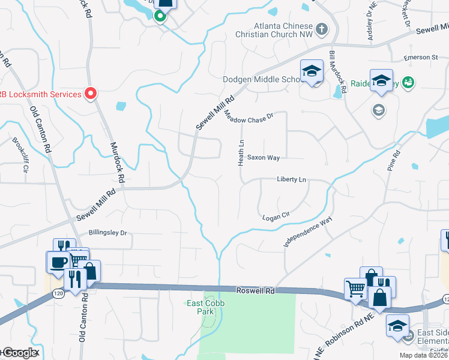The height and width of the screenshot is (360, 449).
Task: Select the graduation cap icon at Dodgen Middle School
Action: [x=312, y=72]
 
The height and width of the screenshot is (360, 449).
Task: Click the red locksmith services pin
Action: [x=91, y=94]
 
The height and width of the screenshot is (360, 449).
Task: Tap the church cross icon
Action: [x=322, y=28]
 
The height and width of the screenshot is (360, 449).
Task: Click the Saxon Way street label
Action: [x=264, y=158]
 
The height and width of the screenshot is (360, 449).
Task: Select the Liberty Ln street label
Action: [x=291, y=179]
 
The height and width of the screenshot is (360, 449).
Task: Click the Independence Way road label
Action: [x=308, y=233]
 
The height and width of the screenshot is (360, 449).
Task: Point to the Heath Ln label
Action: [x=241, y=153]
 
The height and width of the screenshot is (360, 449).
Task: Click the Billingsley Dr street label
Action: [x=108, y=233]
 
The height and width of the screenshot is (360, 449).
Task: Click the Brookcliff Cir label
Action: [x=20, y=155]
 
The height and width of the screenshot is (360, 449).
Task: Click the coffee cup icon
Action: [x=59, y=263]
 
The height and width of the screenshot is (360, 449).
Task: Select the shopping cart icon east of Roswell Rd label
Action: [x=355, y=289]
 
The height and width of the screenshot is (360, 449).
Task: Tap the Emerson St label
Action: [x=421, y=58]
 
